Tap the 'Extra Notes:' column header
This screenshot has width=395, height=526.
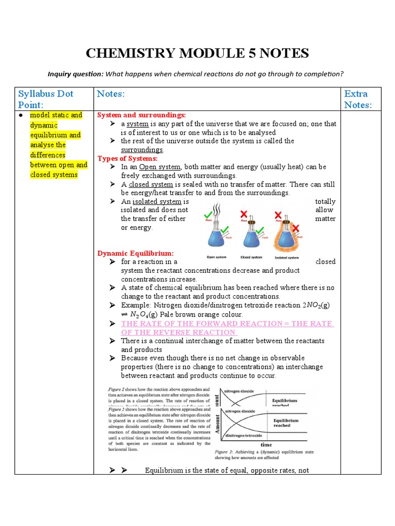[356, 99]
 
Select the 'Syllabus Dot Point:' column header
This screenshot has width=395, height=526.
[45, 99]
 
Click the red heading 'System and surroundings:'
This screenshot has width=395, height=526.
[141, 115]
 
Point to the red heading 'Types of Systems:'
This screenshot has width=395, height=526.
[128, 158]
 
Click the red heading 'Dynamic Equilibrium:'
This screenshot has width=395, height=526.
[136, 253]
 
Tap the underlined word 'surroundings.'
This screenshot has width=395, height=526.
[142, 149]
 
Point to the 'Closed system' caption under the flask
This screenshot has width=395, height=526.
[251, 257]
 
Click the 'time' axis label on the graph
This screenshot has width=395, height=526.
[266, 444]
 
